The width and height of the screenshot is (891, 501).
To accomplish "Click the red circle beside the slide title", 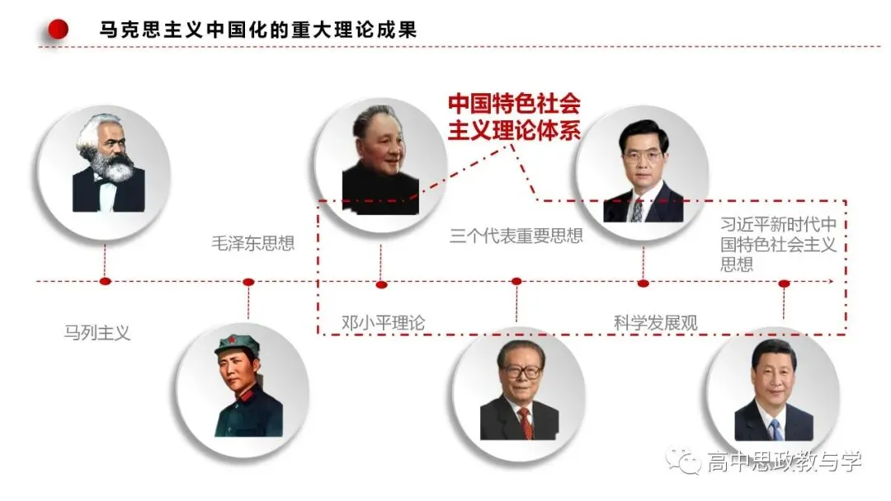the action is click(x=58, y=29).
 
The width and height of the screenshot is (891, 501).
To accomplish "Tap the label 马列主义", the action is click(x=97, y=332).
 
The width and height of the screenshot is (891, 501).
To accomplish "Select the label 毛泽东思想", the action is click(x=253, y=243).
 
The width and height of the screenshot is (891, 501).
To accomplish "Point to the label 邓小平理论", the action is click(x=383, y=323).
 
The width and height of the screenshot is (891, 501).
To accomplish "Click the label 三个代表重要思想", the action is click(x=516, y=236).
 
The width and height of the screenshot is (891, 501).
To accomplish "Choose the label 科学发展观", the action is click(x=655, y=323).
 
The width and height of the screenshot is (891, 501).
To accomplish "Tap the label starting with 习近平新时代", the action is click(x=779, y=244).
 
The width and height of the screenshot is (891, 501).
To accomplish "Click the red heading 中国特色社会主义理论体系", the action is click(x=514, y=117).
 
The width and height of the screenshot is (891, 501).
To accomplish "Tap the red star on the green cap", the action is click(x=231, y=341).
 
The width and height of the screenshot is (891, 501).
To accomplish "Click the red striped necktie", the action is click(x=526, y=424).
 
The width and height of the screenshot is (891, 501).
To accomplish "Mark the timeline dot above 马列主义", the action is click(x=105, y=282).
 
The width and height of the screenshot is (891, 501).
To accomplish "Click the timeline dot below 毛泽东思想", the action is click(x=248, y=282).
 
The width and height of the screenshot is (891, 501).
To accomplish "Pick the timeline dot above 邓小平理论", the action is click(x=381, y=284).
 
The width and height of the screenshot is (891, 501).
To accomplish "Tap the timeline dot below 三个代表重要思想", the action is click(x=516, y=282).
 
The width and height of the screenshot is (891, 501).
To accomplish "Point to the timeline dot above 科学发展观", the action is click(x=643, y=283).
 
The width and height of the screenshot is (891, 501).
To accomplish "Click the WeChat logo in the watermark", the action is click(x=684, y=460).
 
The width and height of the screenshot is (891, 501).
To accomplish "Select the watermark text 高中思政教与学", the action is click(x=785, y=461).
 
